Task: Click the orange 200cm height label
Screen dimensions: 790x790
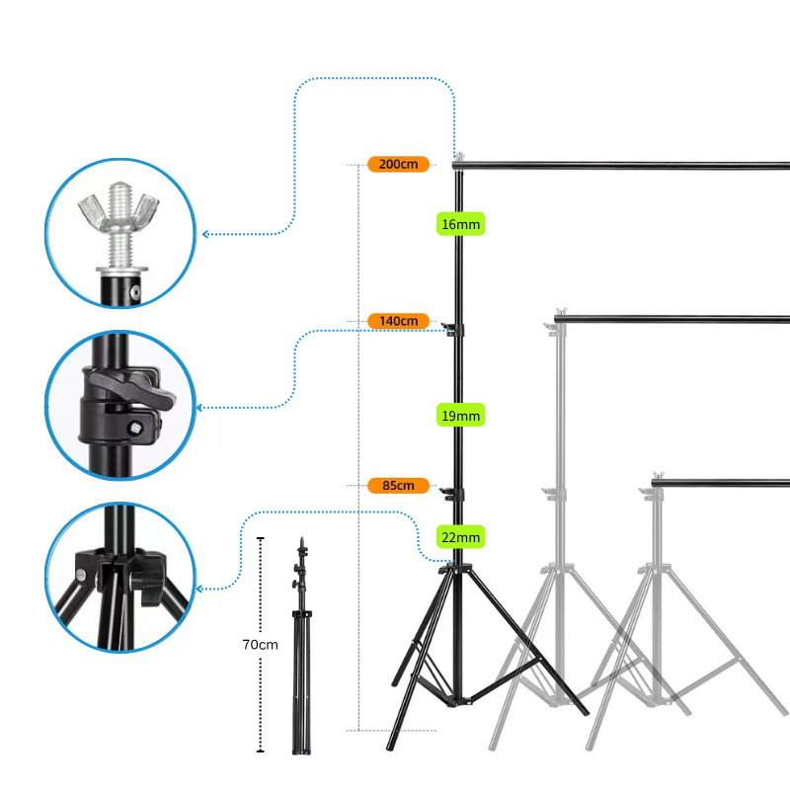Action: pos(398,163)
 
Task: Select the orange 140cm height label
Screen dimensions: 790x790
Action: pos(398,320)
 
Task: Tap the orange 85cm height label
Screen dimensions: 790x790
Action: pos(398,485)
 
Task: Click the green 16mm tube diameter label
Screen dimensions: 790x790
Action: pos(460,224)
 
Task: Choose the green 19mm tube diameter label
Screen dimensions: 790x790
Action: pos(460,416)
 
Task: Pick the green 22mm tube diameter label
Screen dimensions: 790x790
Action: pos(460,537)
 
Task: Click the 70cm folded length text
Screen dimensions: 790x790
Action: pos(261,644)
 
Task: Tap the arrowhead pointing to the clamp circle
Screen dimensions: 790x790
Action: pos(202,407)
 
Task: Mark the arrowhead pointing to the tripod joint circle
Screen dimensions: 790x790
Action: pos(202,590)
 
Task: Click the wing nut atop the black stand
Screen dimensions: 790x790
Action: pos(458,155)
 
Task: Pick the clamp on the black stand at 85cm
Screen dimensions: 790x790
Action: pos(454,492)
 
